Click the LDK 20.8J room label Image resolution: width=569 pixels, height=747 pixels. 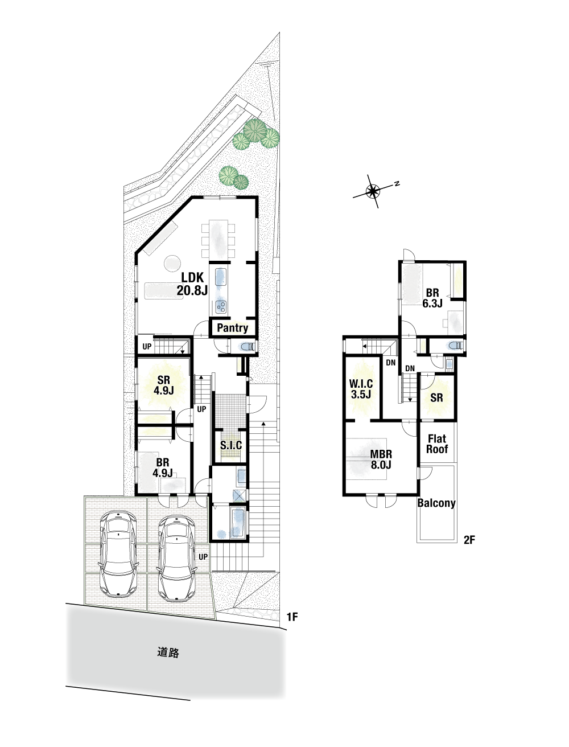coord(192,284)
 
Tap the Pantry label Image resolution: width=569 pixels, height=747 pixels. coord(232,328)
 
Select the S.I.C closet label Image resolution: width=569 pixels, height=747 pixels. coord(231,445)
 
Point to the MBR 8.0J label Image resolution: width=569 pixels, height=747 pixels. coord(381,459)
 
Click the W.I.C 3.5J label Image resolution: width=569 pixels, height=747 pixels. coord(361,389)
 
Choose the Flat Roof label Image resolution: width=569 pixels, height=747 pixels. coord(437,444)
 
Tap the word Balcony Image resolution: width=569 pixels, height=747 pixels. coord(436,503)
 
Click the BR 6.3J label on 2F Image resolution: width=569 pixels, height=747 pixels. coord(432,298)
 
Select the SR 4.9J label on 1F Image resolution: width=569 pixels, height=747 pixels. coord(164,385)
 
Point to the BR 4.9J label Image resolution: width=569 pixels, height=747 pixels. coord(163,467)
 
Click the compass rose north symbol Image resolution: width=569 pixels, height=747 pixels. coord(373,191)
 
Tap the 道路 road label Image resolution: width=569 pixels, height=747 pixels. coord(168,652)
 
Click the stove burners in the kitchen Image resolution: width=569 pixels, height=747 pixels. coord(221,307)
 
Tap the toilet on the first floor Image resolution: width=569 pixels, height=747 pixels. coord(248,347)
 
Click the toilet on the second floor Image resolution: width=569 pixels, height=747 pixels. coord(455,346)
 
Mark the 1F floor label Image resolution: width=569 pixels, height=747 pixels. coord(292,617)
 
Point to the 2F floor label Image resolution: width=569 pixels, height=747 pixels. coord(469,539)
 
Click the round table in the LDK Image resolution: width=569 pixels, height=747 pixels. coord(172,263)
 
